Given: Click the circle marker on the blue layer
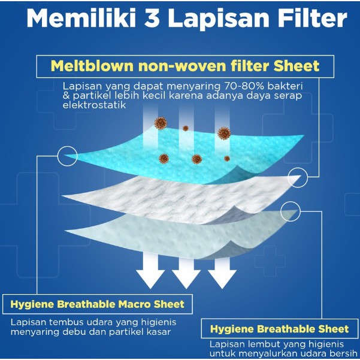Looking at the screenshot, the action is click(x=67, y=156).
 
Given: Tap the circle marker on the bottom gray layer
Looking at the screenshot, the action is click(x=290, y=210).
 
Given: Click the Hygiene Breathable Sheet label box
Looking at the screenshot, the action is click(x=280, y=329).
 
